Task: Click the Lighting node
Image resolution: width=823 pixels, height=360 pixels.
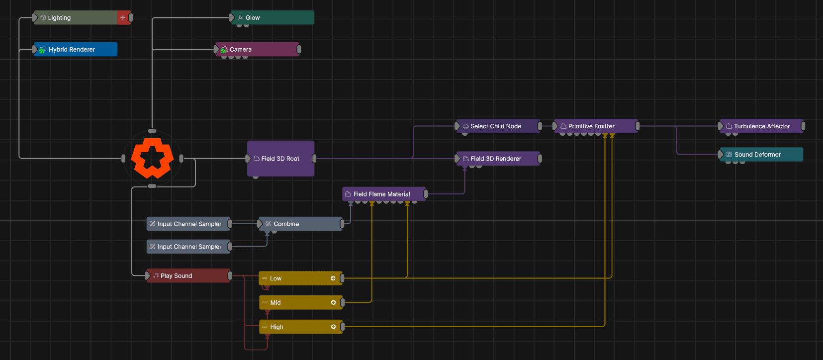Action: tap(82, 17)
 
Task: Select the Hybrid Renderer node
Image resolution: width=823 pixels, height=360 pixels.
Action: tap(76, 49)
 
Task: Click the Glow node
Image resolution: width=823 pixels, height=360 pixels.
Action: tap(273, 17)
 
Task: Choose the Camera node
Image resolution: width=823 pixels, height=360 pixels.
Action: tap(257, 49)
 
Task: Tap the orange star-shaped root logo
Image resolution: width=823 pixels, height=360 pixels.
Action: tap(152, 158)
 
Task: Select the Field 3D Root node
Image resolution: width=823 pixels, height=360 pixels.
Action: tap(280, 158)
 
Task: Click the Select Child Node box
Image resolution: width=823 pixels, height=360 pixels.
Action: tap(498, 126)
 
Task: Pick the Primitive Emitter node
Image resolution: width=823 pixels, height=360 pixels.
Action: tap(596, 126)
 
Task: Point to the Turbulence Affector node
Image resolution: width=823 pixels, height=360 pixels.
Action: tap(761, 126)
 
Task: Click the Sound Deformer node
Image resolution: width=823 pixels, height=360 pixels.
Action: tap(761, 154)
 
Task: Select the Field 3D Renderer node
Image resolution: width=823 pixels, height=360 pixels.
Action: tap(498, 158)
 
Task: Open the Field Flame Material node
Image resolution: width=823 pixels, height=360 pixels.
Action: tap(384, 194)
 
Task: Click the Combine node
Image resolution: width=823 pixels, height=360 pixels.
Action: tap(300, 224)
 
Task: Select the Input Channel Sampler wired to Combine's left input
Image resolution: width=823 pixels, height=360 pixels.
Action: tap(188, 224)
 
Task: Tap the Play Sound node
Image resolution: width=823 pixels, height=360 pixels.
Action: tap(188, 275)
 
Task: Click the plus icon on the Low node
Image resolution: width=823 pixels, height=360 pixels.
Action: tap(333, 278)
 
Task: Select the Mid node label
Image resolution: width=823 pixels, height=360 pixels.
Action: tap(275, 303)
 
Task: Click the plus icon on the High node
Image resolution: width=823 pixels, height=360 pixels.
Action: tap(333, 327)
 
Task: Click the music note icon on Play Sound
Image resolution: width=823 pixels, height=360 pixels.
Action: tap(156, 275)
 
